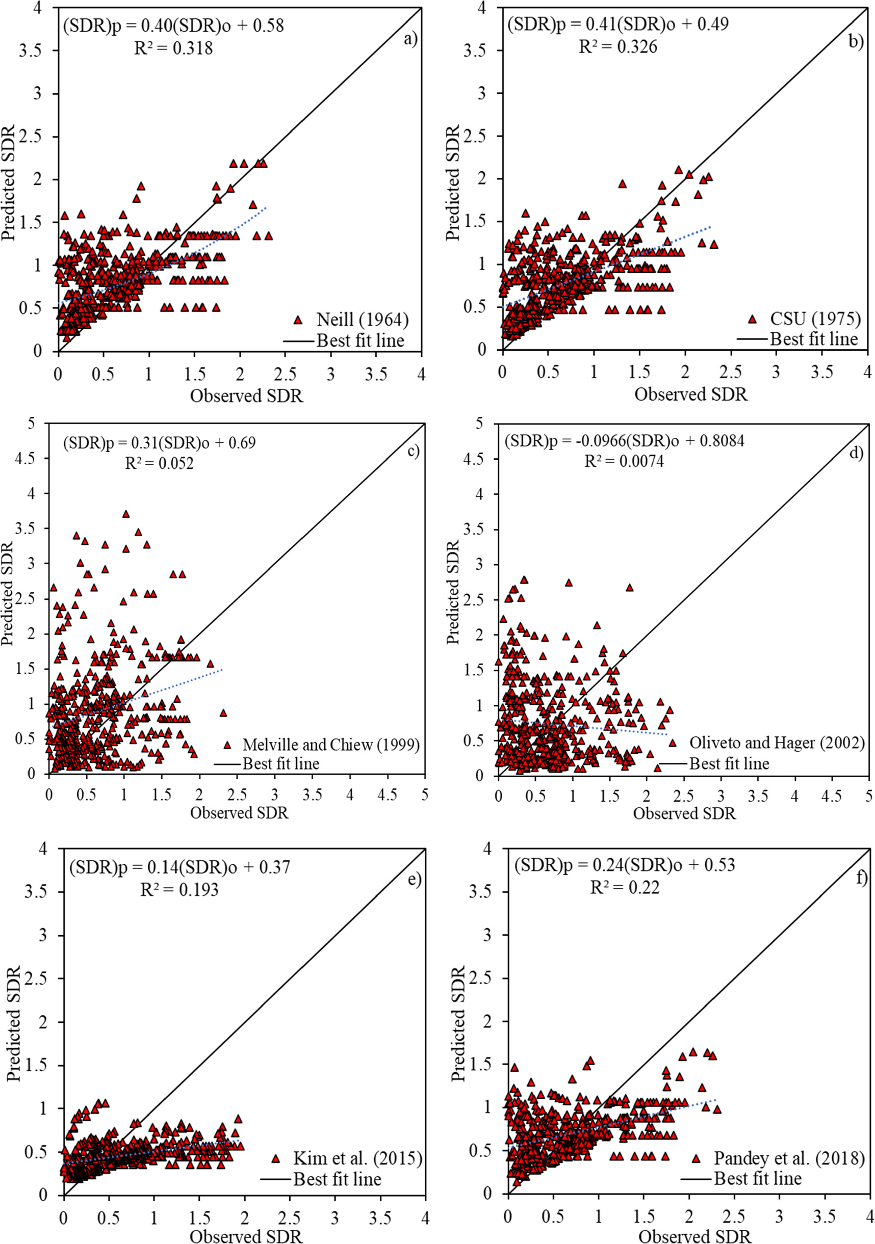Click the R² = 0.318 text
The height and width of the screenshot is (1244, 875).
(x=173, y=49)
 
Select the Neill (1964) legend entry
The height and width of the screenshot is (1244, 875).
(x=362, y=320)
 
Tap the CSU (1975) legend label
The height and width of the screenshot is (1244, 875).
(x=815, y=319)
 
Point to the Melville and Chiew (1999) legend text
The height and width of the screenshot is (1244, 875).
(x=331, y=745)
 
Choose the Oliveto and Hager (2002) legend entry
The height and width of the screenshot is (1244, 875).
(x=776, y=743)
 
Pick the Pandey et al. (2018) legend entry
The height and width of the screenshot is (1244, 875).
(x=789, y=1158)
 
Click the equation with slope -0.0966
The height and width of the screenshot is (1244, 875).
(x=624, y=440)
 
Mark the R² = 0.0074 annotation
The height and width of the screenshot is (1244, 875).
(x=624, y=461)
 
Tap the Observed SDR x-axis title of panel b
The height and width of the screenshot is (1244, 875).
(x=691, y=394)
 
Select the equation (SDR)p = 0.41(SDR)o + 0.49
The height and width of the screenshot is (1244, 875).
(x=617, y=24)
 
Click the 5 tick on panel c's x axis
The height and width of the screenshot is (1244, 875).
(x=424, y=795)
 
